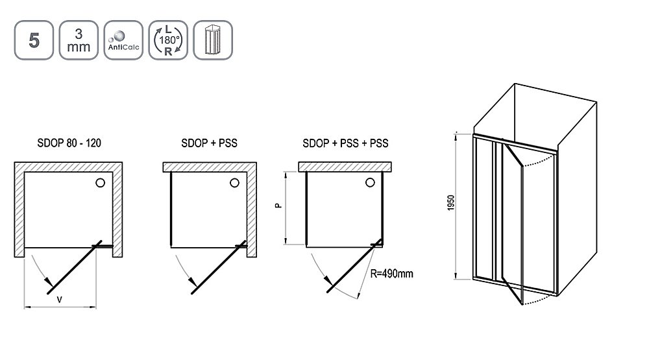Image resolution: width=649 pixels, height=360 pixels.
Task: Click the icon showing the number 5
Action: coord(34,40)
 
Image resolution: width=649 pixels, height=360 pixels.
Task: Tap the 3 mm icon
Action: coord(79,40)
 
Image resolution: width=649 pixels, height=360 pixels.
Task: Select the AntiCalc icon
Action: coord(123,40)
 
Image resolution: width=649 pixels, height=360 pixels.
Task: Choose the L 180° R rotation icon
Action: coord(168,40)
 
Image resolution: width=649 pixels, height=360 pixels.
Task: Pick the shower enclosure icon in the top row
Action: coord(213,40)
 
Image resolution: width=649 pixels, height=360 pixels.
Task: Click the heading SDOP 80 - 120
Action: coord(69,143)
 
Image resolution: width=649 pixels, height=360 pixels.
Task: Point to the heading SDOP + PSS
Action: coord(209,143)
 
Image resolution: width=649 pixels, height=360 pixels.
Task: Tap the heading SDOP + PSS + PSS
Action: coord(345,143)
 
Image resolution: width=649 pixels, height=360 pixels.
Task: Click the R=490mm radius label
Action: coord(391,274)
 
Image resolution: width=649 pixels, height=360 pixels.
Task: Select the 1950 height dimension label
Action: coord(451,203)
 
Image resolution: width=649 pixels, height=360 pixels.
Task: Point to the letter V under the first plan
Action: coord(60,299)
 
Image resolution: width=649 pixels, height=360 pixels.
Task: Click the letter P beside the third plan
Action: coord(278,205)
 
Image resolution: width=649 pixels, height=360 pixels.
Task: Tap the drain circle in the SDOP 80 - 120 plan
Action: coord(100,182)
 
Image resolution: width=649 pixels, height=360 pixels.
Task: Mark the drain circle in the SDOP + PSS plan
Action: coord(235,183)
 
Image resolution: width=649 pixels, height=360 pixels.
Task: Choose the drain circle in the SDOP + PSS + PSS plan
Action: coord(370,182)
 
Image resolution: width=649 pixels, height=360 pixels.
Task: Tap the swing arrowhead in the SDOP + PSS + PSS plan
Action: coord(328,282)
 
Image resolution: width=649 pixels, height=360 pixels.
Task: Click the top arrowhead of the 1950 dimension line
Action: coord(456,137)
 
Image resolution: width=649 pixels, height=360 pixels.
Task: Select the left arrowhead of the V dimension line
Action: coord(28,307)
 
